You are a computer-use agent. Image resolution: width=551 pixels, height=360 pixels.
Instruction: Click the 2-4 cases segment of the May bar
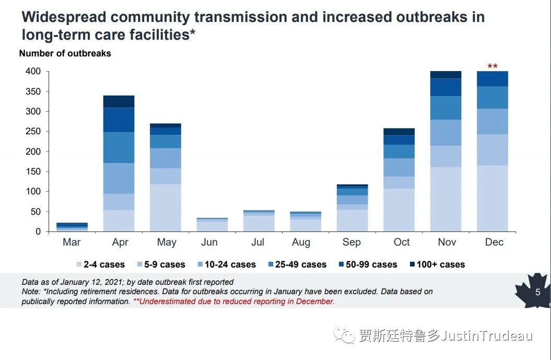[x=166, y=207]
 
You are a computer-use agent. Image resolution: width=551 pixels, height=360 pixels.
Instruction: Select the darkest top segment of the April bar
[x=119, y=101]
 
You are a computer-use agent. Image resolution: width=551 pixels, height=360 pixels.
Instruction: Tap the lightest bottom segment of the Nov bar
[x=446, y=199]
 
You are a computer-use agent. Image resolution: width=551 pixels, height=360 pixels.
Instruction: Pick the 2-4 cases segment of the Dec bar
[x=492, y=198]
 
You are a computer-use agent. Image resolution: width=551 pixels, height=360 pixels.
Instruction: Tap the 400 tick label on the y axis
[x=33, y=71]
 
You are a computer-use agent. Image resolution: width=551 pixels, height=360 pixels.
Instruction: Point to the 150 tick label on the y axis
[x=33, y=171]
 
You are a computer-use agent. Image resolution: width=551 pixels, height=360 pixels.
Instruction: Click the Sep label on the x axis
[x=351, y=242]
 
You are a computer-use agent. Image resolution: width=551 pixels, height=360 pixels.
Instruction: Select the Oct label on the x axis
[x=402, y=242]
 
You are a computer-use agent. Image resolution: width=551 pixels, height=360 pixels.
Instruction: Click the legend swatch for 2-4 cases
[x=79, y=265]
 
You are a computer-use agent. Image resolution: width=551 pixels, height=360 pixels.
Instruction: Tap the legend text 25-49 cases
[x=301, y=264]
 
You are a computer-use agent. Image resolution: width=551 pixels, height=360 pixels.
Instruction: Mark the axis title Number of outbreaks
[x=65, y=53]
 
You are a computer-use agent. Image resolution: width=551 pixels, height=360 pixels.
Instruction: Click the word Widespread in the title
[x=64, y=17]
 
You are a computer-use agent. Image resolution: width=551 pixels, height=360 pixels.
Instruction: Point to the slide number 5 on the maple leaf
[x=537, y=292]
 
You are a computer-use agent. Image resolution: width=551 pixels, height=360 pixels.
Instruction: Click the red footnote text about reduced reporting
[x=233, y=301]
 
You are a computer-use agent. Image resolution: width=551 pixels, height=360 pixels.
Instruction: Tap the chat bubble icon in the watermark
[x=345, y=335]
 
